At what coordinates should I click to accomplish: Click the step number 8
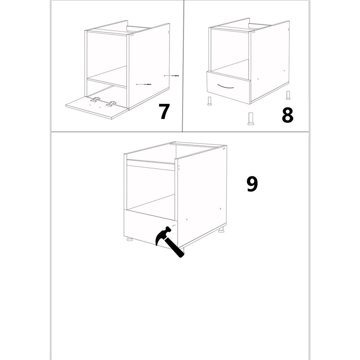(288, 115)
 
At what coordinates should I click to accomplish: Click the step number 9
(252, 184)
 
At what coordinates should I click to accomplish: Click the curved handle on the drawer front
(225, 86)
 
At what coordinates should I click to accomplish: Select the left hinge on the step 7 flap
(95, 99)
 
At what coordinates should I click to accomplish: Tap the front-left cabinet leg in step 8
(209, 101)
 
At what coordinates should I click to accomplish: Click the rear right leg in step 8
(288, 95)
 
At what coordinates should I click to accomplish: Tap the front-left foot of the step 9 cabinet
(130, 240)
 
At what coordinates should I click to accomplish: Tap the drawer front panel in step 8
(229, 87)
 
